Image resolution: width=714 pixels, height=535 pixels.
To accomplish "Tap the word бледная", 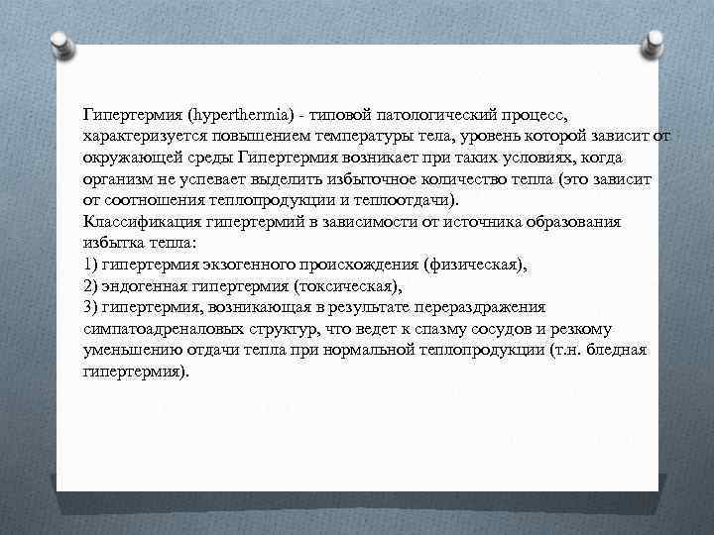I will click(616, 350).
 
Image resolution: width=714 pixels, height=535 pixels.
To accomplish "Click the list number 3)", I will click(94, 308).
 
